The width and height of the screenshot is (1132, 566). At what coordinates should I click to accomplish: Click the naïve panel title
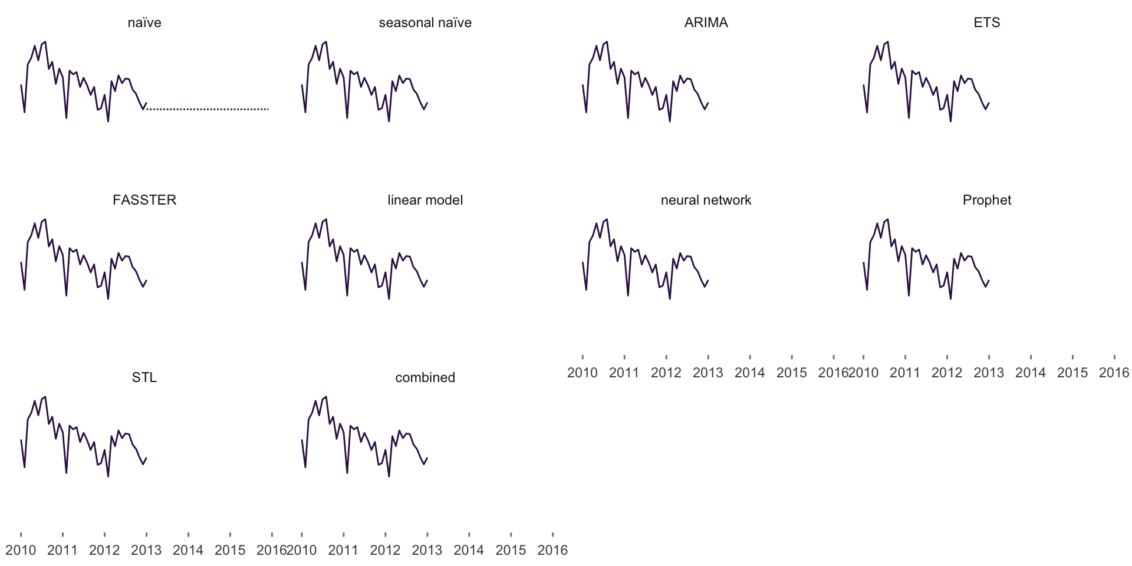(144, 23)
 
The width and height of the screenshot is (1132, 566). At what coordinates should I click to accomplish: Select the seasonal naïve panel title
(425, 23)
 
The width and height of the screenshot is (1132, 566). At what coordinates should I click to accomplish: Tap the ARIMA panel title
(706, 23)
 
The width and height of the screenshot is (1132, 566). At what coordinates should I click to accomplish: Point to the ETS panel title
(987, 23)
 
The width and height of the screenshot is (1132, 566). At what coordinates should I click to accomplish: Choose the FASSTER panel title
(144, 200)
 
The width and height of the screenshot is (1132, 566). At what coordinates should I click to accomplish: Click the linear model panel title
(425, 200)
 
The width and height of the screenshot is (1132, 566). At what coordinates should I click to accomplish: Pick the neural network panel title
(706, 200)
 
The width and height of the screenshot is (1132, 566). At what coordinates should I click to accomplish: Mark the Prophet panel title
(987, 200)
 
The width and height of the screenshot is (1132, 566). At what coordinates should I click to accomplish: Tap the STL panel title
(144, 378)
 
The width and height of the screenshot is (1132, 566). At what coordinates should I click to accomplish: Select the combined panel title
(425, 378)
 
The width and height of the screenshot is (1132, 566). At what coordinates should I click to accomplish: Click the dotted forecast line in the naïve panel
(208, 109)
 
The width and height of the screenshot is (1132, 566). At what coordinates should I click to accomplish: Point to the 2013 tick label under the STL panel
(146, 551)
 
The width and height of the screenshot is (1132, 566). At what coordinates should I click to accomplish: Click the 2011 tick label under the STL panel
(62, 551)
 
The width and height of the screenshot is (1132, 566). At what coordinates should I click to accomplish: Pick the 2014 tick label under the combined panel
(469, 551)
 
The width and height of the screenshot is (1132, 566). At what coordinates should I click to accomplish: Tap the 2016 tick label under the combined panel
(552, 551)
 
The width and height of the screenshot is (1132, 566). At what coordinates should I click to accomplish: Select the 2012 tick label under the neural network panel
(666, 373)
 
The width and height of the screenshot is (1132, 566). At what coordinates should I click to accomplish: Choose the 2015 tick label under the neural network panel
(791, 373)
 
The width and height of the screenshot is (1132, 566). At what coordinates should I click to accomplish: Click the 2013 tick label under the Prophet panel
(989, 373)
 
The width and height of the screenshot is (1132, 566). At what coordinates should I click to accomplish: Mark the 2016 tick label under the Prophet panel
(1114, 373)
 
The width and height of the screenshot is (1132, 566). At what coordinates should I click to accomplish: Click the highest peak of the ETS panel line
(888, 42)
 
